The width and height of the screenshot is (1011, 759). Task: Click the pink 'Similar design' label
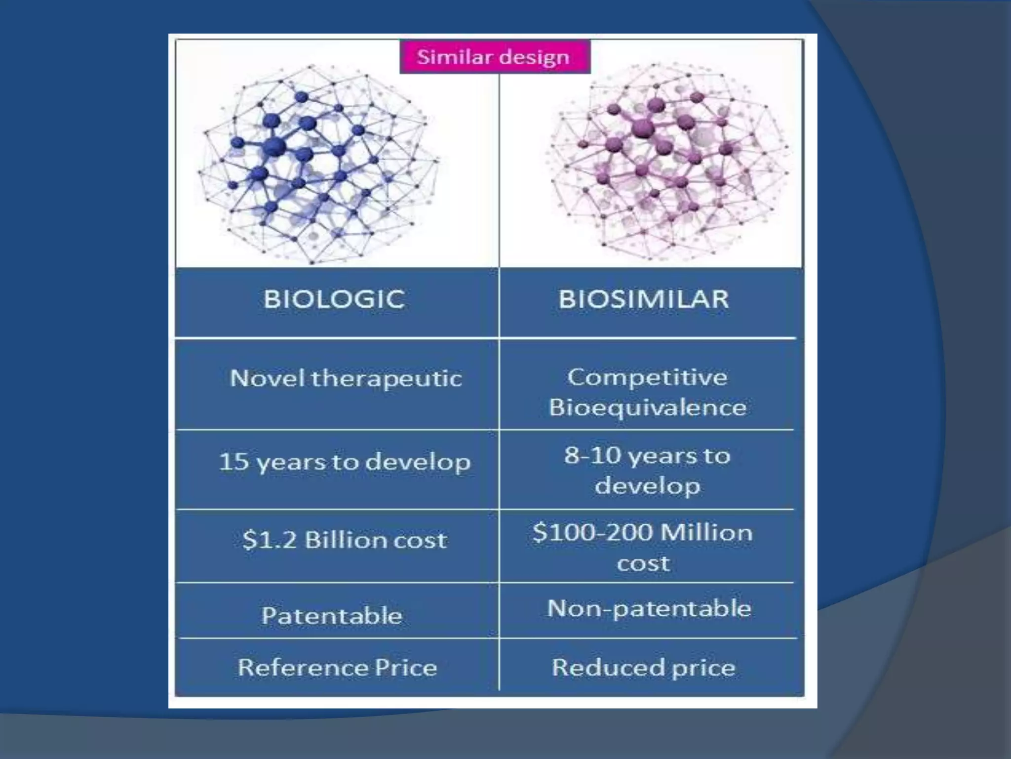494,57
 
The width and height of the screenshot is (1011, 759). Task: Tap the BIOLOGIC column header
334,299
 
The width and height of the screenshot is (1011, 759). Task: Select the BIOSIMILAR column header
643,299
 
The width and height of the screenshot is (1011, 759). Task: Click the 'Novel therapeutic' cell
346,379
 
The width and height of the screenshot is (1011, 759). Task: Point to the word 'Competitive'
647,378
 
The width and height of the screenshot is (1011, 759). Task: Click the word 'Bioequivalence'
647,408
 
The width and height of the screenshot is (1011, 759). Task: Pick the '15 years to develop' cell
344,462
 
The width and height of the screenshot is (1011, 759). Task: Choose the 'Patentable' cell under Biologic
332,616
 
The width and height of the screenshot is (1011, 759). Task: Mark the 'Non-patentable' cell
649,608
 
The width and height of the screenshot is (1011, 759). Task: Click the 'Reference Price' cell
337,668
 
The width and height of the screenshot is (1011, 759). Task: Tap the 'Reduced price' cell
643,668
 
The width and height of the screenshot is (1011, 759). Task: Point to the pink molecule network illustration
666,163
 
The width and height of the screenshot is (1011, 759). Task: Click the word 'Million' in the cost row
706,533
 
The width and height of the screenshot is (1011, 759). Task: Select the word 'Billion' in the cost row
345,540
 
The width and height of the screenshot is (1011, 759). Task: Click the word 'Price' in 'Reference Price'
406,668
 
